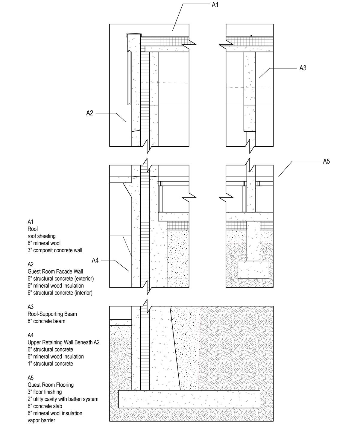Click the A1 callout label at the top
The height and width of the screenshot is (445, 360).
point(215,5)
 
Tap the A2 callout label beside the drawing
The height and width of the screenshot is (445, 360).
point(90,113)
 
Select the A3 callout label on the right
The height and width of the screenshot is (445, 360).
point(303,68)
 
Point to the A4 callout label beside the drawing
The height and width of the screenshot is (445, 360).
point(95,261)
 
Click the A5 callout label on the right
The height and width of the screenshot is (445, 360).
point(326,162)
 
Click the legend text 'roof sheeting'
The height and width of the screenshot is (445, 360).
point(42,236)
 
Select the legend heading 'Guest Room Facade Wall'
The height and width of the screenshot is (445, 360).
point(55,271)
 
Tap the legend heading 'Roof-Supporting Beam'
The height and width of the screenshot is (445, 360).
point(52,314)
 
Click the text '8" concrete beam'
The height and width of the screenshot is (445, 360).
point(46,321)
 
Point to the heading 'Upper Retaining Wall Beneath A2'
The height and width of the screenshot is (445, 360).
point(63,342)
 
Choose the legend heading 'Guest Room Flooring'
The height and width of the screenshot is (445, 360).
point(51,385)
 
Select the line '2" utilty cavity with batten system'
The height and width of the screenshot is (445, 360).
point(63,399)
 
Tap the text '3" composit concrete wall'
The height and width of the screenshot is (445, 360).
point(55,250)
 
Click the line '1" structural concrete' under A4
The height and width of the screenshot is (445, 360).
point(50,364)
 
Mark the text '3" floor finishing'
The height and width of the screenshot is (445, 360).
point(45,392)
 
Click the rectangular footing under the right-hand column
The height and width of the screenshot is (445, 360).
point(253,270)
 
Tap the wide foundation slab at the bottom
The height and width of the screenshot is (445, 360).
point(189,399)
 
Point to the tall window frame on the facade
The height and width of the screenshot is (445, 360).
point(129,78)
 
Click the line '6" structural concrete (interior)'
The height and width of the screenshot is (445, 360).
point(60,293)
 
